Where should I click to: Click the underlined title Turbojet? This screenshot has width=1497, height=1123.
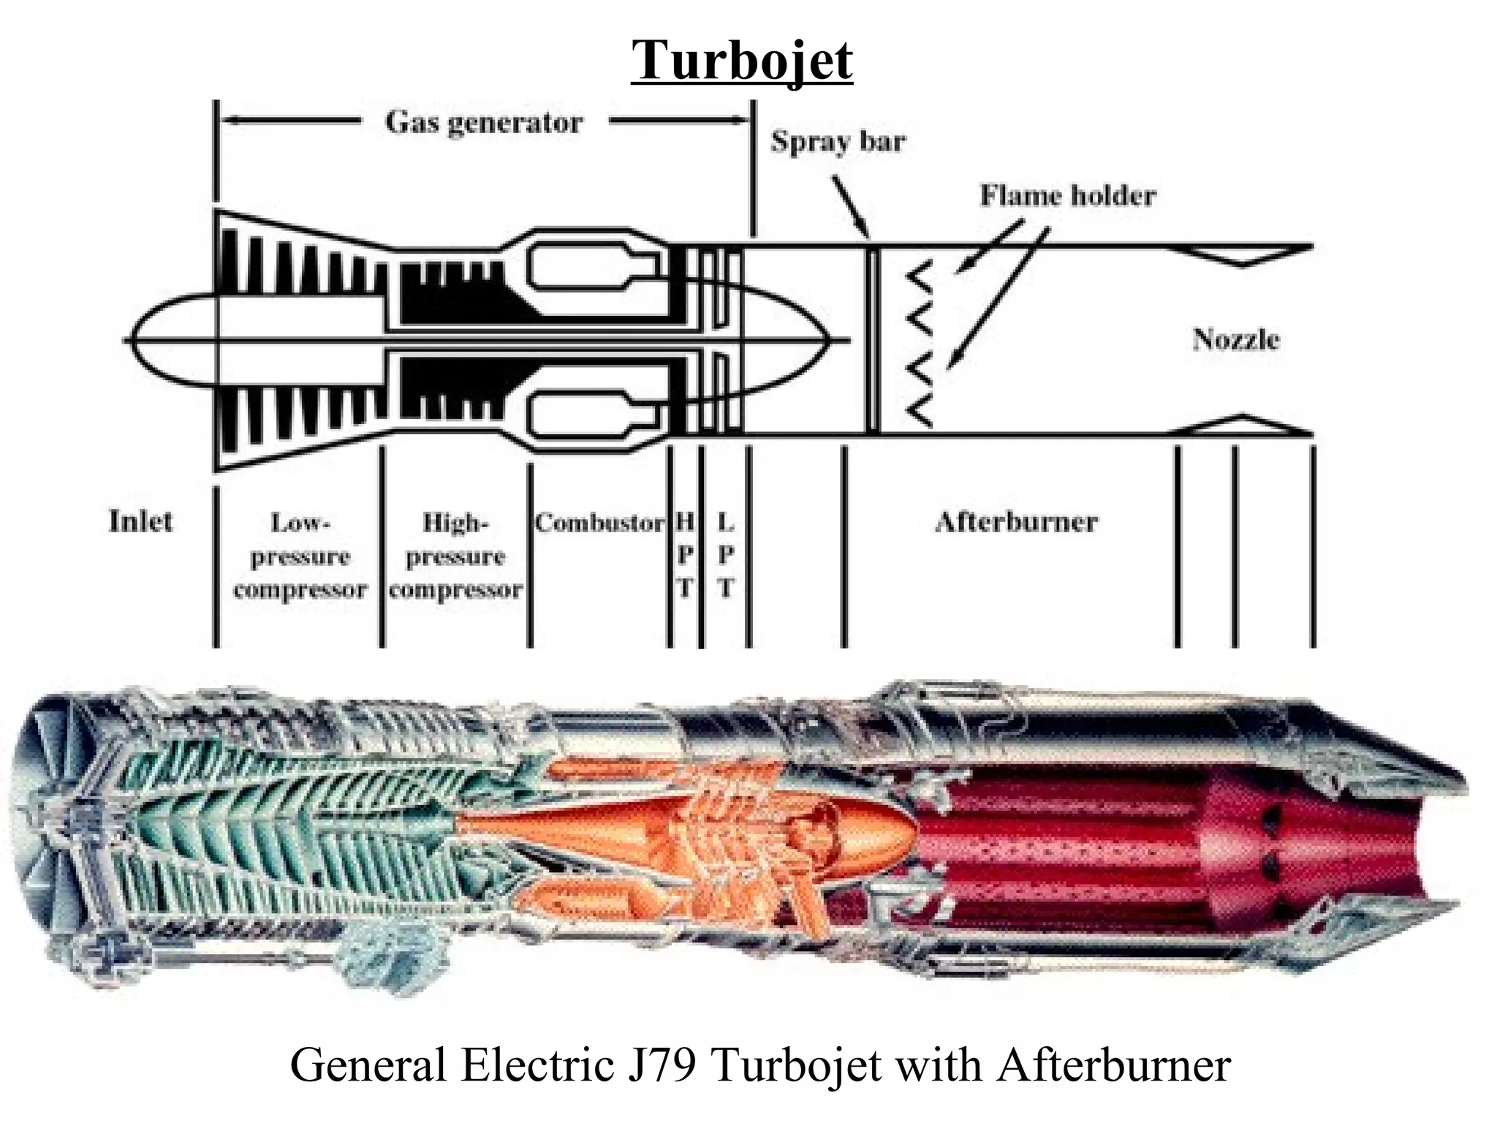click(742, 60)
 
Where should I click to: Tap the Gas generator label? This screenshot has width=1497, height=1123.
click(484, 122)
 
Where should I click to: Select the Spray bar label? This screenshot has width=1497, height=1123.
click(838, 141)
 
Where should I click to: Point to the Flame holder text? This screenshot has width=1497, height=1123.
click(1068, 195)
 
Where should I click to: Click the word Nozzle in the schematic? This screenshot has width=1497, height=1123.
click(1235, 339)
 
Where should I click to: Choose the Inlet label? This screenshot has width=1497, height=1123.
click(140, 521)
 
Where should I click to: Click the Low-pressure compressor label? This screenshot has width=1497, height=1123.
click(300, 556)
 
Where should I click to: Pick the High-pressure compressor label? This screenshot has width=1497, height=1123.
click(455, 556)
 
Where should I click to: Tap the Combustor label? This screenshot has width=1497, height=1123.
click(599, 523)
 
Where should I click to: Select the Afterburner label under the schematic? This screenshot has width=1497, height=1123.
click(1016, 522)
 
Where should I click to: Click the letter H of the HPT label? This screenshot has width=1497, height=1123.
click(685, 522)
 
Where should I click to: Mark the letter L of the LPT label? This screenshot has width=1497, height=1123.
click(725, 522)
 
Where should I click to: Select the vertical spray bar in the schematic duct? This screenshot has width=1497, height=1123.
click(871, 340)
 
